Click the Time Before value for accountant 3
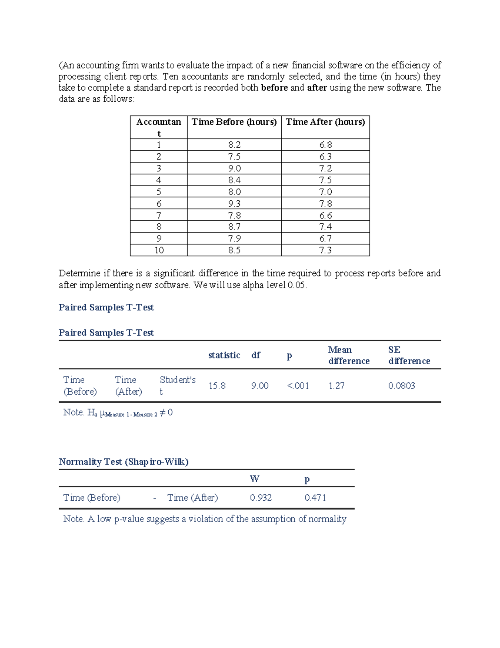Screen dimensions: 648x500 pyautogui.click(x=234, y=168)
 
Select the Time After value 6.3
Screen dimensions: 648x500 pyautogui.click(x=325, y=156)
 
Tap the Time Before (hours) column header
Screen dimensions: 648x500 pyautogui.click(x=234, y=122)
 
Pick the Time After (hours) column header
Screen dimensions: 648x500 pyautogui.click(x=325, y=122)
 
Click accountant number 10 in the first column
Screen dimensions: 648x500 pyautogui.click(x=159, y=250)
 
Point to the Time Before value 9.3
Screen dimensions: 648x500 pyautogui.click(x=234, y=204)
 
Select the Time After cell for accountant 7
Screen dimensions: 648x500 pyautogui.click(x=325, y=215)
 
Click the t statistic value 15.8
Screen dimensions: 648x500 pyautogui.click(x=217, y=386)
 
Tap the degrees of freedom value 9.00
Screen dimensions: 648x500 pyautogui.click(x=260, y=386)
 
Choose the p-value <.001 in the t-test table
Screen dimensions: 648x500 pyautogui.click(x=298, y=386)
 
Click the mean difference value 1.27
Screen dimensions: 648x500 pyautogui.click(x=336, y=386)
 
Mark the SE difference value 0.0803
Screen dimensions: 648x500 pyautogui.click(x=402, y=386)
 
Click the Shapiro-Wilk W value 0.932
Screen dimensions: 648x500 pyautogui.click(x=261, y=497)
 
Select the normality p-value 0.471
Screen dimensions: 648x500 pyautogui.click(x=315, y=497)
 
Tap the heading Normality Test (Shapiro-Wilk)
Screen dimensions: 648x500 pyautogui.click(x=123, y=461)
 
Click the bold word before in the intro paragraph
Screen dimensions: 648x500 pyautogui.click(x=274, y=88)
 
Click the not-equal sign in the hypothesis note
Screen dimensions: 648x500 pyautogui.click(x=163, y=412)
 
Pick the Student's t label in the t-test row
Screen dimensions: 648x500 pyautogui.click(x=177, y=385)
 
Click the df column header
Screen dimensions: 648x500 pyautogui.click(x=256, y=355)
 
